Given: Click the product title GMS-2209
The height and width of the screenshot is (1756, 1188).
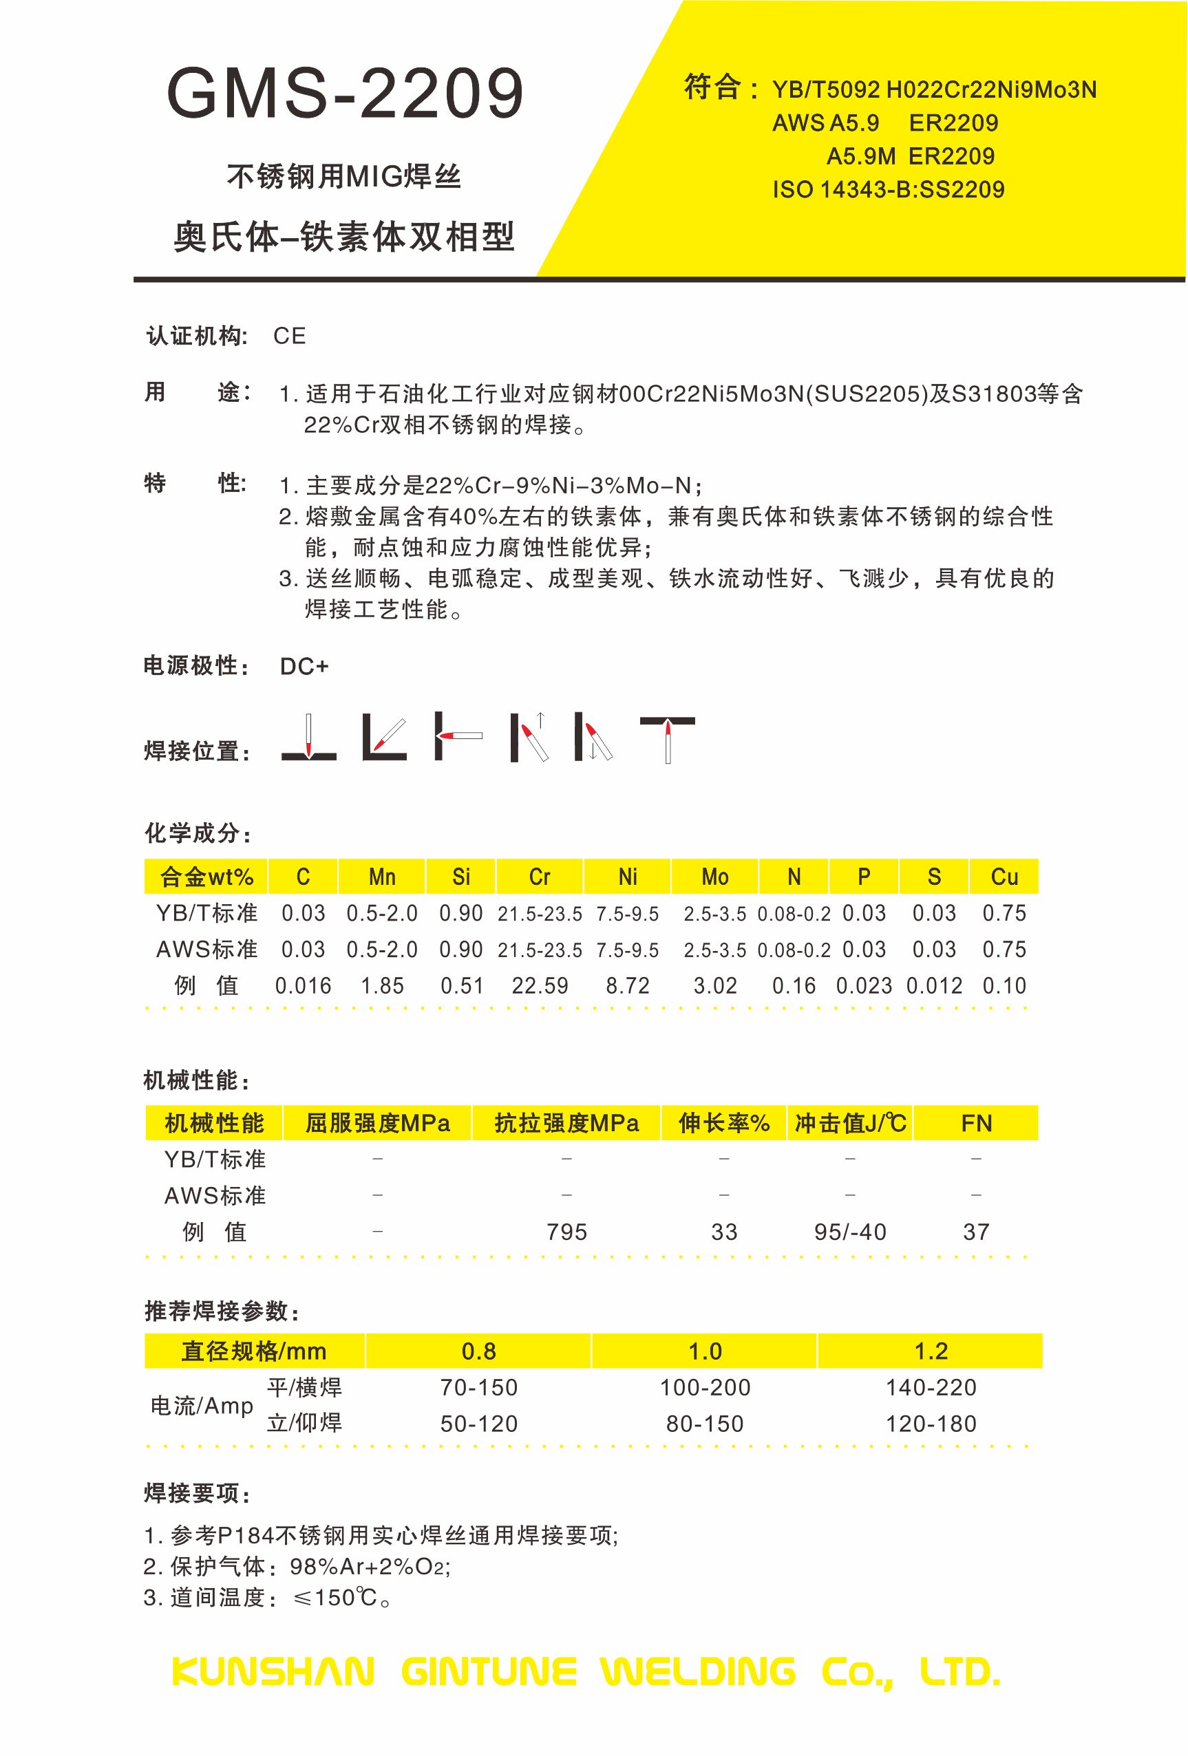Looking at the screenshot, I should pos(345,94).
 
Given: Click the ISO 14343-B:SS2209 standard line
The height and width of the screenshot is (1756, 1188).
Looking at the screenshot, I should pos(888,190).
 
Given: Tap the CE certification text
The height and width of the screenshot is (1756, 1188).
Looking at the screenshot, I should pos(290,336).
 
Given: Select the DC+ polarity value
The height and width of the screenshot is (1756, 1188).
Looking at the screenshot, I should pos(304,667).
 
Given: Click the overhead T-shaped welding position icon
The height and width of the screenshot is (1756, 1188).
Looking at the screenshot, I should pos(668,738).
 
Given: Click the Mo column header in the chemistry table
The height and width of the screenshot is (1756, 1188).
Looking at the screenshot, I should pos(714,877).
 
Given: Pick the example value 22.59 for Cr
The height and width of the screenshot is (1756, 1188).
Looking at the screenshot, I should pos(540,986).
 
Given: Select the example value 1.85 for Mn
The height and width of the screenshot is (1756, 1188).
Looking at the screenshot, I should pos(383,986).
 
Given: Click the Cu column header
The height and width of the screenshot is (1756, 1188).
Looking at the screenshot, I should pos(1004,877).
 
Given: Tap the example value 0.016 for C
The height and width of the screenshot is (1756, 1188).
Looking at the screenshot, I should pos(303,986).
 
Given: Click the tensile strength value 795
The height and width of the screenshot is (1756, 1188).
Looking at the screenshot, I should pos(566,1232).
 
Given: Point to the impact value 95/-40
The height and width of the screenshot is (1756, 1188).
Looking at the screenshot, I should pos(850,1232).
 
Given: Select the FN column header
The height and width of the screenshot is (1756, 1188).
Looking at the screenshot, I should pos(977,1124).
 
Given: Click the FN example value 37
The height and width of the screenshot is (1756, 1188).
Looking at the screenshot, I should pos(977,1232).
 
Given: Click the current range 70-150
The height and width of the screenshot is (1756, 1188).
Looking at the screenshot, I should pos(479,1387).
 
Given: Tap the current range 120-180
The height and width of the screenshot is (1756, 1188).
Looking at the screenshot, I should pos(931,1424).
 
